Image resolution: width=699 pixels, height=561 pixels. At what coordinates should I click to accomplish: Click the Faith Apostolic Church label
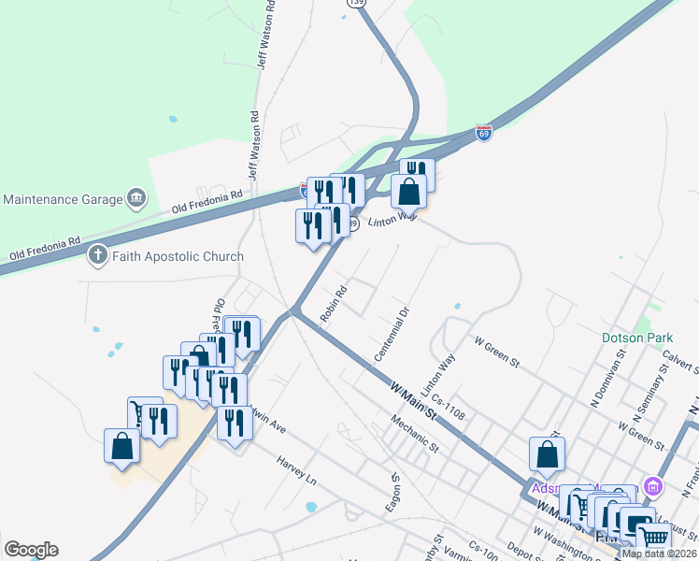(178, 255)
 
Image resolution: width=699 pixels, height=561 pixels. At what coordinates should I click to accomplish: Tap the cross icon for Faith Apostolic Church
(98, 255)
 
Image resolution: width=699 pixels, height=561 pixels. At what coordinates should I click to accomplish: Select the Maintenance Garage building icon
(137, 198)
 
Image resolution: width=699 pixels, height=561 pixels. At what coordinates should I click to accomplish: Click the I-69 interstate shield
(483, 133)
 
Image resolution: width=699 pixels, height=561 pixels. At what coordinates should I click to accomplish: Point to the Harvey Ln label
(297, 470)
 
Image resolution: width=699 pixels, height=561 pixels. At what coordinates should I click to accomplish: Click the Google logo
(31, 550)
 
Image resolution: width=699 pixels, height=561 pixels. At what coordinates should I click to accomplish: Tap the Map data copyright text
(659, 554)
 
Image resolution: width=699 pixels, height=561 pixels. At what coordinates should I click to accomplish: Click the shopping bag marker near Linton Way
(409, 192)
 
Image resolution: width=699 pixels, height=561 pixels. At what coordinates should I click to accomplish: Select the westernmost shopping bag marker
(122, 445)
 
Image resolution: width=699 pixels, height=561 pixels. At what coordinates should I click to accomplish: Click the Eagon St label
(394, 492)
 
